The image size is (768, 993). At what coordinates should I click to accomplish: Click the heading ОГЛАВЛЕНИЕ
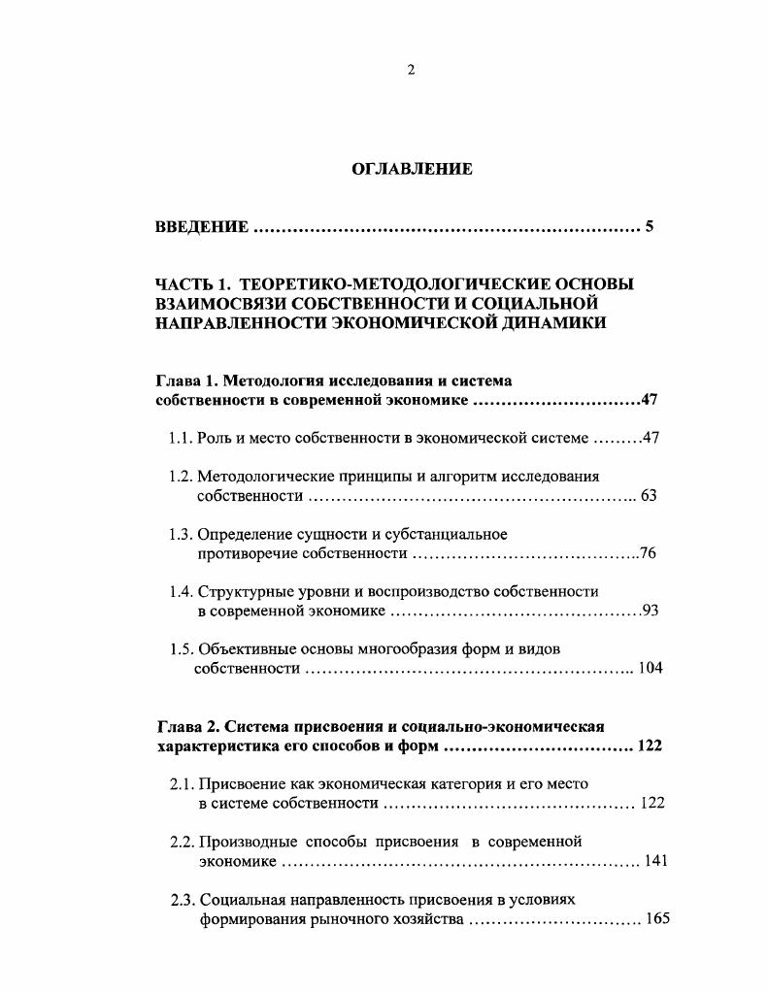pyautogui.click(x=411, y=169)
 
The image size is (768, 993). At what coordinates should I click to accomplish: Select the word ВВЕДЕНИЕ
pyautogui.click(x=202, y=227)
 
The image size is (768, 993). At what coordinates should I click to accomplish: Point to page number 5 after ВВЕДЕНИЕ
pyautogui.click(x=650, y=227)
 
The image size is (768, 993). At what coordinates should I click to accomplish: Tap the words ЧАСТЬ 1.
pyautogui.click(x=191, y=284)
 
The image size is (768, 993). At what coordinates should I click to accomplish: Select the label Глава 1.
pyautogui.click(x=185, y=381)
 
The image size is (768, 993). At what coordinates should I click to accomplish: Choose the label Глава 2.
pyautogui.click(x=187, y=727)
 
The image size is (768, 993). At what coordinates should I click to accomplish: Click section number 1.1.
pyautogui.click(x=181, y=439)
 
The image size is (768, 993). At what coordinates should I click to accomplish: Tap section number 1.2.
pyautogui.click(x=181, y=477)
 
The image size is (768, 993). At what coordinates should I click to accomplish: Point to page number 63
pyautogui.click(x=649, y=496)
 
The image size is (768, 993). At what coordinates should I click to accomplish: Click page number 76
pyautogui.click(x=649, y=553)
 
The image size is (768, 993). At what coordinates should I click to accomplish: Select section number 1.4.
pyautogui.click(x=181, y=591)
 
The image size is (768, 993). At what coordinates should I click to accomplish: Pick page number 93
pyautogui.click(x=651, y=611)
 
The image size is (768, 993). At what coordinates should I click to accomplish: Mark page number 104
pyautogui.click(x=650, y=669)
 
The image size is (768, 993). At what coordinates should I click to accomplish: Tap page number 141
pyautogui.click(x=656, y=861)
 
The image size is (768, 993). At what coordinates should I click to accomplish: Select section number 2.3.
pyautogui.click(x=184, y=900)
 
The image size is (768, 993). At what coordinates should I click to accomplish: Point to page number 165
pyautogui.click(x=657, y=919)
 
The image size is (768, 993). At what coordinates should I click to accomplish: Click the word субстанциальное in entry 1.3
pyautogui.click(x=454, y=534)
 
